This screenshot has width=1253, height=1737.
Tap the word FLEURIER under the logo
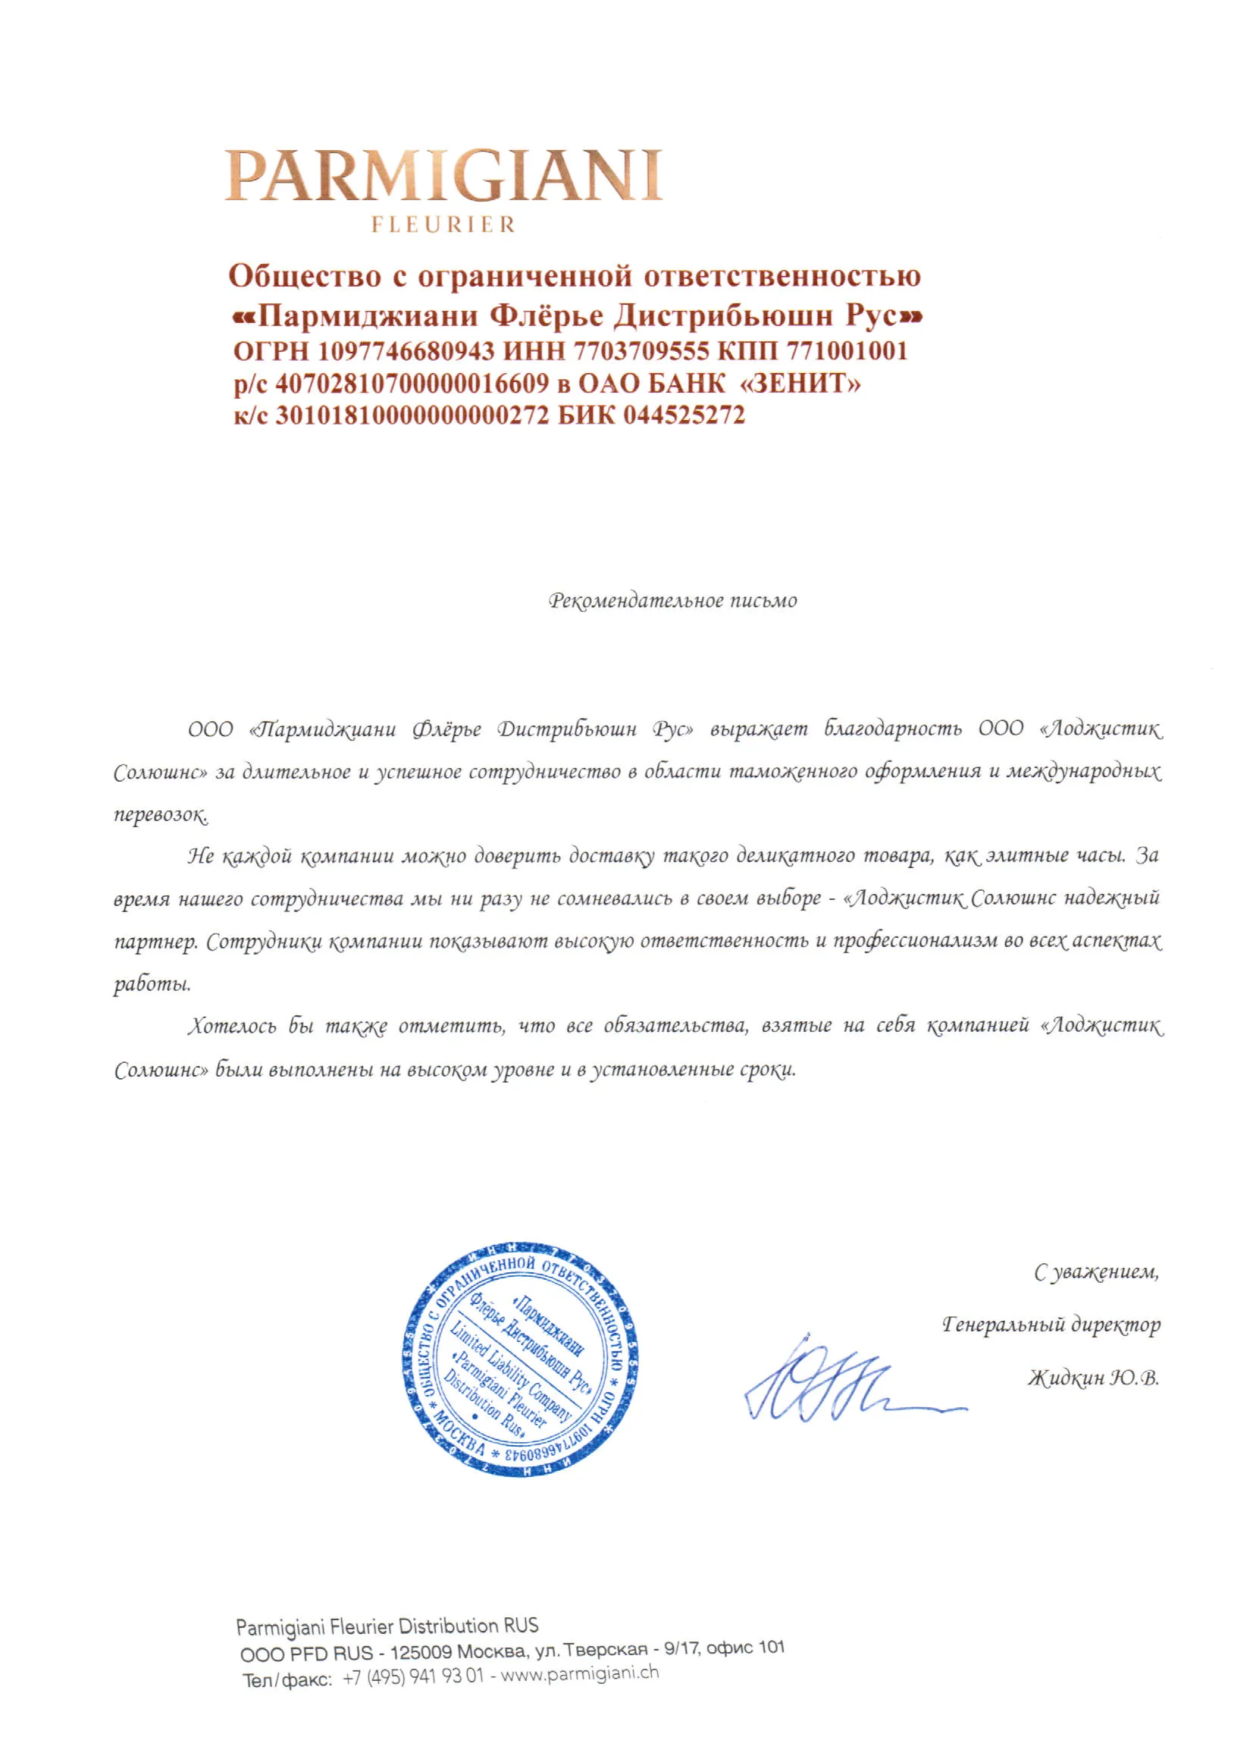443,224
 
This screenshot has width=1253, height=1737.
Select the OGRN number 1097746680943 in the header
406,351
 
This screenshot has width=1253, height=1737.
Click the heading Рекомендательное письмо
672,600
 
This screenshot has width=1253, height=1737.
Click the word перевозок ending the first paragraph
161,814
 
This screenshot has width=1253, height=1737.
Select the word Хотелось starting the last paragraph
232,1027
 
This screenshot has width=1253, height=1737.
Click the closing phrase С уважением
1096,1273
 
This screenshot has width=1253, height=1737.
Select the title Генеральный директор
1051,1325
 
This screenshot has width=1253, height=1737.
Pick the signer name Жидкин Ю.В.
1093,1378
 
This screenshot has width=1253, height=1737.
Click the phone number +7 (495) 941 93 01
413,1676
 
